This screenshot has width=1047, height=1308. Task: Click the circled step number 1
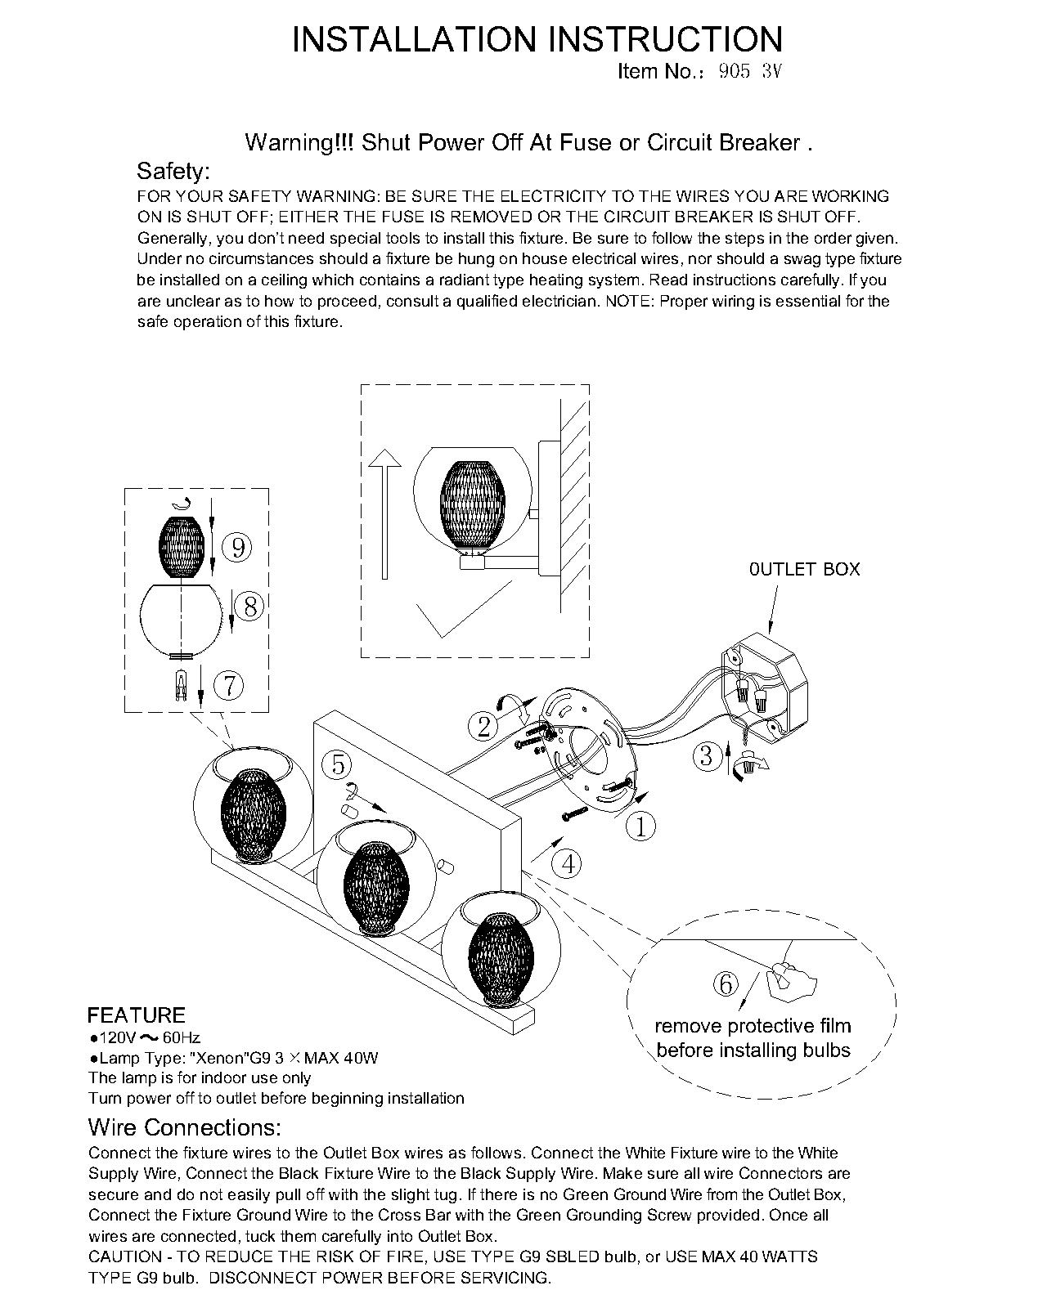pos(640,827)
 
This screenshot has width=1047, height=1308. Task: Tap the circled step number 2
pos(483,725)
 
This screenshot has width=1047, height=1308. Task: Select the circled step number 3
pos(708,755)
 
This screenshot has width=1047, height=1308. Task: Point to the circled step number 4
pos(567,863)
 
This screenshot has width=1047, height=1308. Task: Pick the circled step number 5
pos(337,765)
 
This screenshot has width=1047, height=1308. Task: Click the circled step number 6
pos(726,985)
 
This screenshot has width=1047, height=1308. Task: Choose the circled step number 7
pos(229,685)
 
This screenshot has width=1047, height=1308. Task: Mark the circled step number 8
pos(250,607)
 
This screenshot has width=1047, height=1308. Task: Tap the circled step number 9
pos(238,547)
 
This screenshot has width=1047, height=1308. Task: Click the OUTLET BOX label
pos(804,569)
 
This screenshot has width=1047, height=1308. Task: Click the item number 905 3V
pos(750,71)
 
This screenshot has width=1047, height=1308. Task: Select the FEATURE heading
pos(137,1015)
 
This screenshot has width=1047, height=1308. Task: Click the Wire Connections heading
pos(184,1127)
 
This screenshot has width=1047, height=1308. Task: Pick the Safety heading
pos(173,171)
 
